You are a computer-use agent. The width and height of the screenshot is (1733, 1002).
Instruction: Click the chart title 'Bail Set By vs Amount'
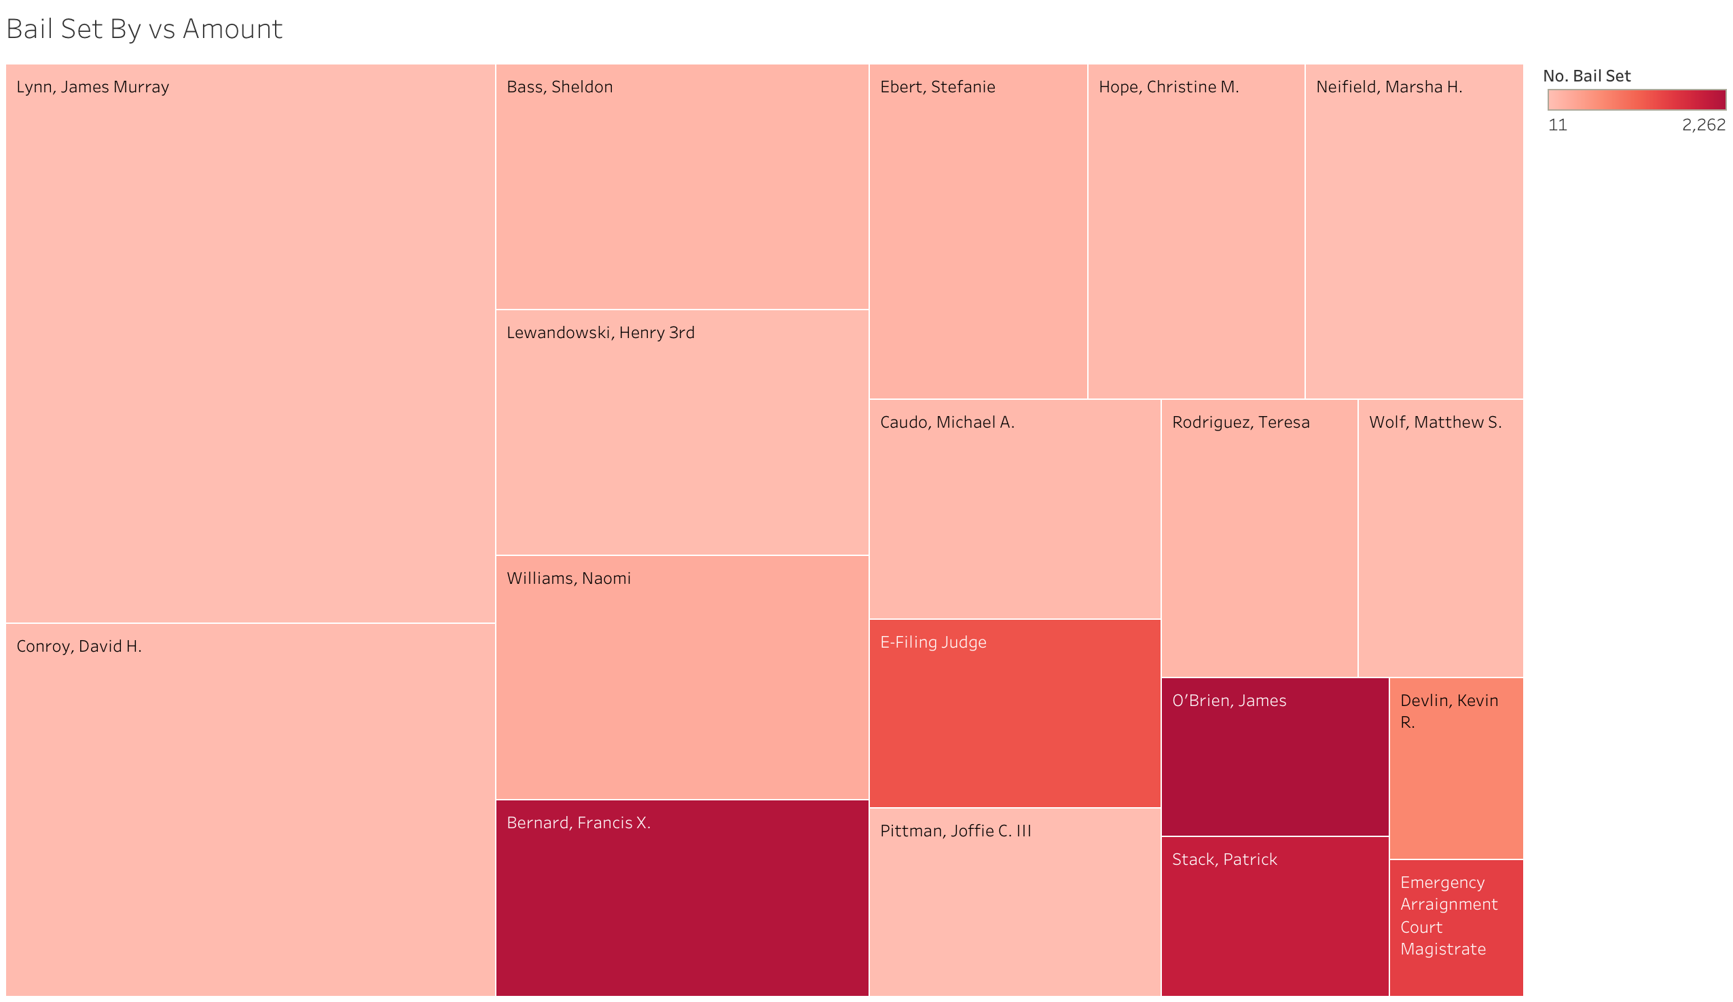click(x=144, y=29)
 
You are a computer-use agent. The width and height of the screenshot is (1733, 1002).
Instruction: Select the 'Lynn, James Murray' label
click(x=93, y=88)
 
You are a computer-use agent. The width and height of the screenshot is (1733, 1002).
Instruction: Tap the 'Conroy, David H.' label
click(x=79, y=646)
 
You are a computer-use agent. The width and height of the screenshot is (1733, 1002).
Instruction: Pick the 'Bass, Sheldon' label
click(x=559, y=88)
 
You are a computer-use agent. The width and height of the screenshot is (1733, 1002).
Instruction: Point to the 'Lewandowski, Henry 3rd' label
click(x=600, y=333)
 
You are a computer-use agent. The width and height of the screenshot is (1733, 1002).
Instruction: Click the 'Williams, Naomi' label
click(x=569, y=578)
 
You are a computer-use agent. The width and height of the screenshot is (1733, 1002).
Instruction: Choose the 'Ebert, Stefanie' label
click(x=937, y=88)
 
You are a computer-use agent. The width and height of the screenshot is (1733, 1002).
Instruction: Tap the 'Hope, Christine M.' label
click(x=1169, y=88)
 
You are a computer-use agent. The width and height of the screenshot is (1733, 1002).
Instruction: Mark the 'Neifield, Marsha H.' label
click(x=1389, y=88)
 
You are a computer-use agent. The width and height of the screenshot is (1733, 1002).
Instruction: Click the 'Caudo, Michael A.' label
click(x=947, y=422)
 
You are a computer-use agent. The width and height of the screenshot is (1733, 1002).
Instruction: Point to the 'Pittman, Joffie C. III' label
click(x=955, y=831)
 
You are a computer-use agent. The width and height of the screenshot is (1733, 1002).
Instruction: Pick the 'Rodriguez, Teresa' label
click(x=1241, y=422)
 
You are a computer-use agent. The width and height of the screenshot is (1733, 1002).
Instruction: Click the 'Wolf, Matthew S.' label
click(x=1436, y=422)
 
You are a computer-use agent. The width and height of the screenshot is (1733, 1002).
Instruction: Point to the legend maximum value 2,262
click(x=1703, y=125)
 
